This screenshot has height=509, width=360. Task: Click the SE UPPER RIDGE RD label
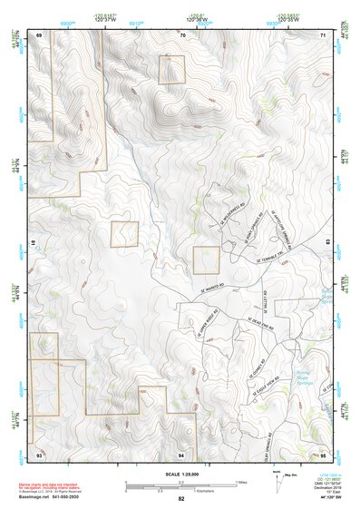coord(204,328)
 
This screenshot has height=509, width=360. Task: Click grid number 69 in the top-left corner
coord(39,34)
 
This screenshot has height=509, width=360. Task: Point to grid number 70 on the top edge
coord(183,34)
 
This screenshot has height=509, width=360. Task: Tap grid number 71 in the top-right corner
coord(323,34)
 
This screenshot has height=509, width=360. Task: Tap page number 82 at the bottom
coord(181,499)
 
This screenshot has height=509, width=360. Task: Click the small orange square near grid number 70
coord(171,70)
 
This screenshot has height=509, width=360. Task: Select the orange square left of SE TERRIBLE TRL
coord(206,260)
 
